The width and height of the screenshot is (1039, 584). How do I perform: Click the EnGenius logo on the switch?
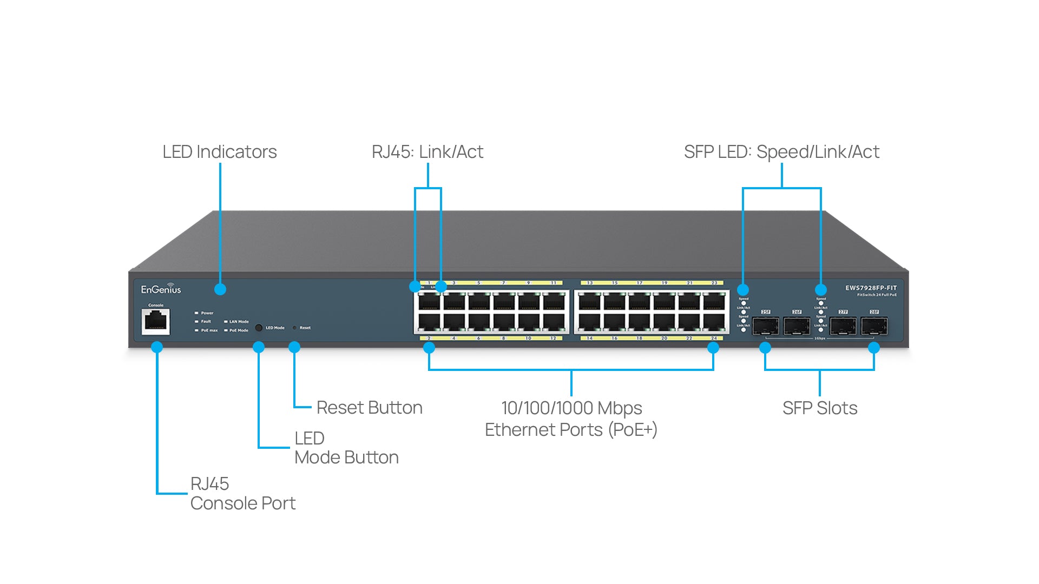pos(161,289)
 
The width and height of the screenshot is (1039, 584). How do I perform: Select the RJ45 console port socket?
pos(156,322)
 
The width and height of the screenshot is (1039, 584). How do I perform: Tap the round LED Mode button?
pos(259,328)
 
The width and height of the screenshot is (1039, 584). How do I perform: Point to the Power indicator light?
pos(196,313)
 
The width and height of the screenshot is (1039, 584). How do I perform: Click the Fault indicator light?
pos(196,322)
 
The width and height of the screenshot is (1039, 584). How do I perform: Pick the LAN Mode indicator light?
pos(226,322)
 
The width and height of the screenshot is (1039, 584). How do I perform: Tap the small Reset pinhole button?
pos(294,328)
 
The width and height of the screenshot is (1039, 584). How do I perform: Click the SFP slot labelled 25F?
pos(766,326)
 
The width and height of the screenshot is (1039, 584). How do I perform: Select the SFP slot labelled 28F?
pos(874,326)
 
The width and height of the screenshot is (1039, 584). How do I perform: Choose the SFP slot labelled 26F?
pos(797,326)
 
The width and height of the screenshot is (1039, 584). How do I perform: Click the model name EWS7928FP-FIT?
pos(871,288)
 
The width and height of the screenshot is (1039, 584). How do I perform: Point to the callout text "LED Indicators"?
pos(219,152)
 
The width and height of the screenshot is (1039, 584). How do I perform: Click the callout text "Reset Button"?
pos(369,408)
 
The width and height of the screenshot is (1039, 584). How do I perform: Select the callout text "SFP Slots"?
pos(819,408)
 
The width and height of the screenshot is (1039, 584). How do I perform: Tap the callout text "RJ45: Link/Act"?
pos(427,152)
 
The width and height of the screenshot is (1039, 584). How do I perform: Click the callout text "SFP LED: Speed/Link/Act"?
pos(781,152)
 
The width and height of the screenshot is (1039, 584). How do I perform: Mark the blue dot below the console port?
pos(157,347)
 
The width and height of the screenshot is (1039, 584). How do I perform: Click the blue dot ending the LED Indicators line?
pos(220,289)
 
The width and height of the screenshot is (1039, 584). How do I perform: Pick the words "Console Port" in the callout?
pos(243,503)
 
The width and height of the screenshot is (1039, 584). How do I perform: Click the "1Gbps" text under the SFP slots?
pos(820,339)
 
